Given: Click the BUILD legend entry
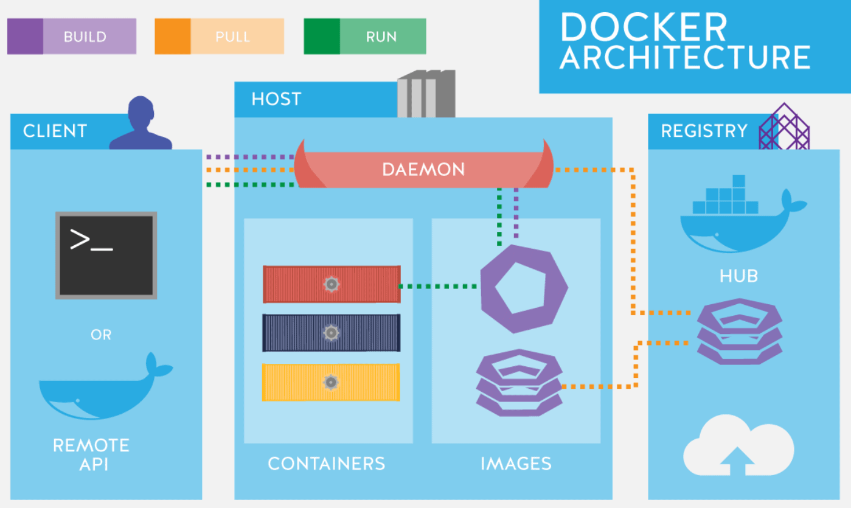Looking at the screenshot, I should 72,37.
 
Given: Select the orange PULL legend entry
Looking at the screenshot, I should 219,37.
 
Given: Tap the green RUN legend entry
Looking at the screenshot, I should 365,37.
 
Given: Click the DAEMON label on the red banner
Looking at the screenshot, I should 423,169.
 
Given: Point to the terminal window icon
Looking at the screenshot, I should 106,255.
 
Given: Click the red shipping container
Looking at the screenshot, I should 332,284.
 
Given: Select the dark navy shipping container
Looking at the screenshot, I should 332,333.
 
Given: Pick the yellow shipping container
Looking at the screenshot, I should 332,382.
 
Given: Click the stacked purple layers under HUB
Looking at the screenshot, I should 739,331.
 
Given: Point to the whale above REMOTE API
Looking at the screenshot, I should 103,389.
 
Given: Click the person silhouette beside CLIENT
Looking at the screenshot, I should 141,124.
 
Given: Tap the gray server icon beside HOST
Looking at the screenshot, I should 426,94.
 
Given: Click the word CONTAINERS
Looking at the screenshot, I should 327,464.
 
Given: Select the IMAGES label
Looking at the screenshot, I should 516,464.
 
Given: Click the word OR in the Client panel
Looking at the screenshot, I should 101,335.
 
